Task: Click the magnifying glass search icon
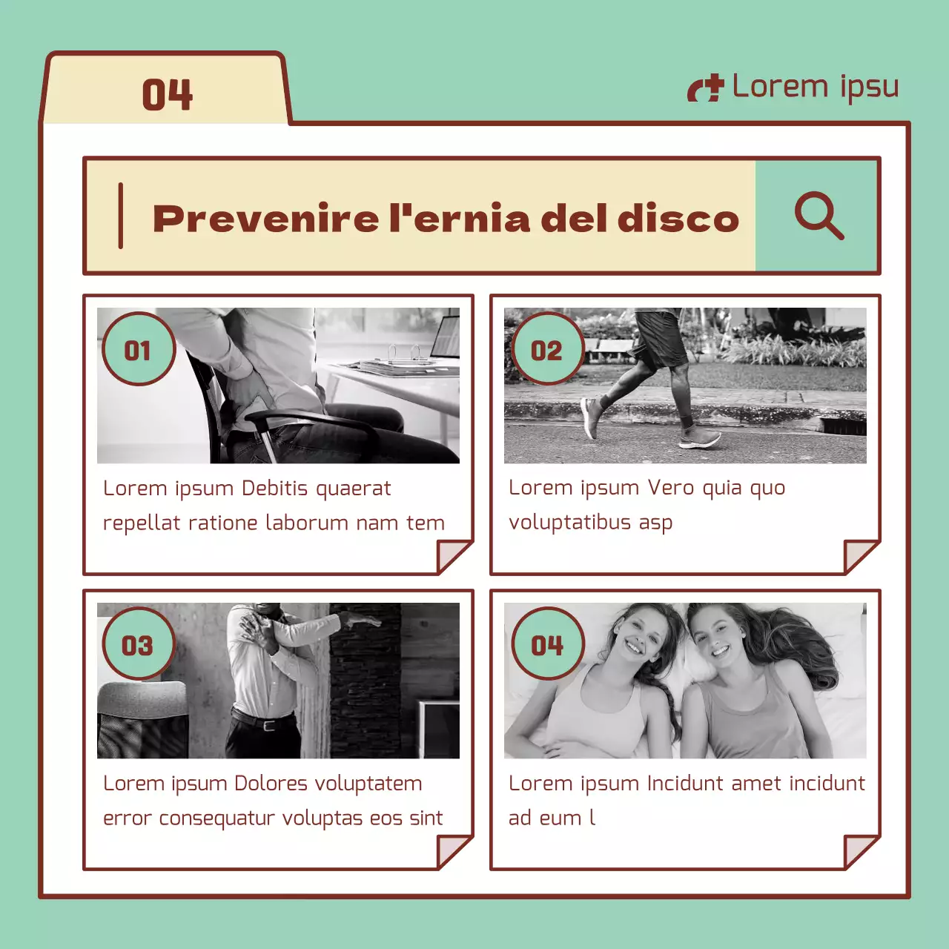(819, 216)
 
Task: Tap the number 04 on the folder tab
(167, 95)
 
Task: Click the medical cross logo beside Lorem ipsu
(705, 88)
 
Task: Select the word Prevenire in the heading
(265, 219)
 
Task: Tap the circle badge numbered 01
(138, 349)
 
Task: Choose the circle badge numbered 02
(546, 349)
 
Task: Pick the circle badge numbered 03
(138, 644)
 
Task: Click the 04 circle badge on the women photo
(547, 644)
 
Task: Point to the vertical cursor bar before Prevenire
(121, 216)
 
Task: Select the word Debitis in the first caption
(275, 489)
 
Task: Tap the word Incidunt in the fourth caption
(685, 784)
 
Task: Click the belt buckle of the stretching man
(268, 725)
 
